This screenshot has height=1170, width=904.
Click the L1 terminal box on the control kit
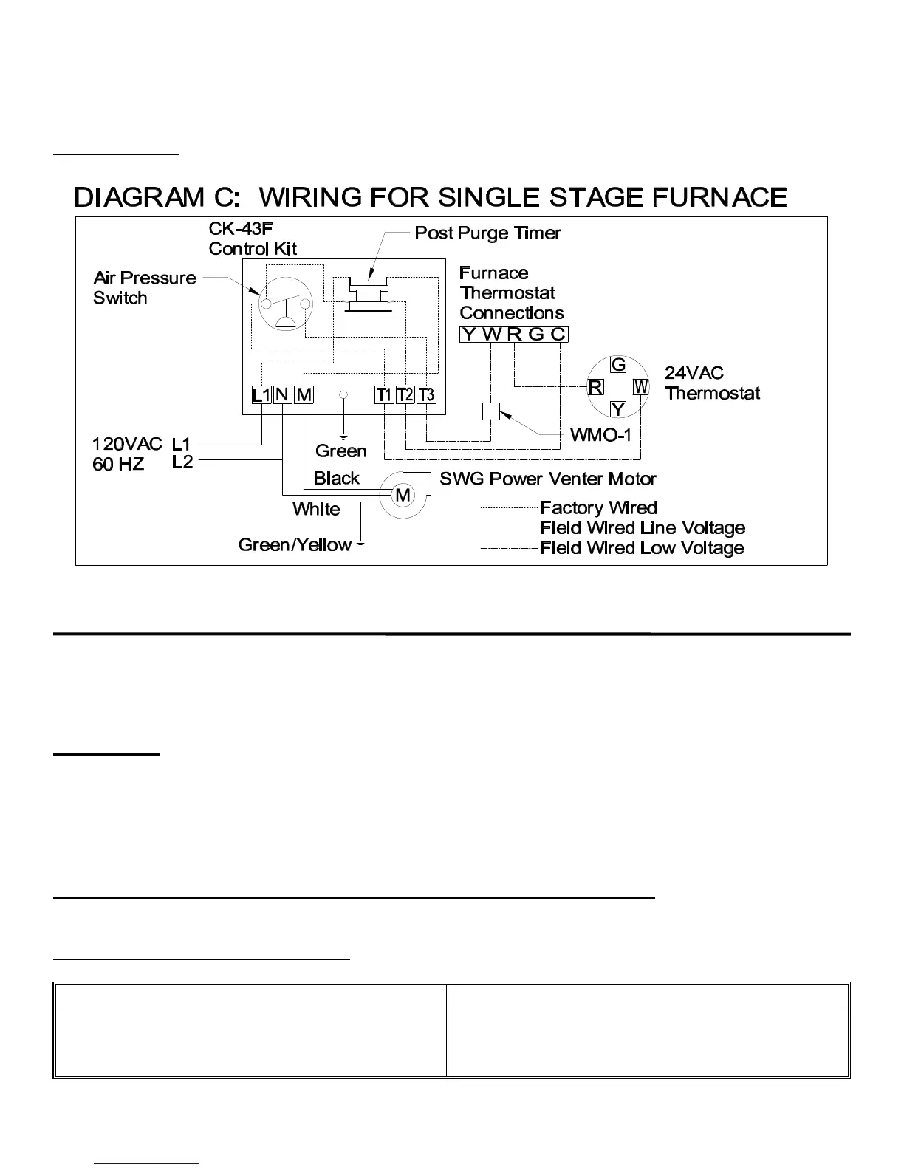tap(261, 395)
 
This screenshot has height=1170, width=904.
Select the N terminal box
tap(282, 395)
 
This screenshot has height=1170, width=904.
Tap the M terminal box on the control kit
tap(304, 395)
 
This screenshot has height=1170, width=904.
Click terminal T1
tap(384, 395)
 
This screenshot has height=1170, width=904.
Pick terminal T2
tap(405, 395)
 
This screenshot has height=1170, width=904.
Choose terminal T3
tap(426, 395)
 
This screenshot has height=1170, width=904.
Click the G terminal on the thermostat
tap(618, 364)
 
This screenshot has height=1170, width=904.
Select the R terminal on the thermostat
tap(595, 386)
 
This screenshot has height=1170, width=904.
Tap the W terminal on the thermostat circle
tap(641, 386)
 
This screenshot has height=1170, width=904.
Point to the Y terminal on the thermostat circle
tap(618, 408)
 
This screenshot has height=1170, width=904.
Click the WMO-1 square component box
tap(491, 411)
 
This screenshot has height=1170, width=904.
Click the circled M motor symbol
tap(403, 496)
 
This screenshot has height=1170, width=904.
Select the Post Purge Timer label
tap(487, 233)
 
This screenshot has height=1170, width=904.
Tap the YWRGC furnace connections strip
tap(514, 334)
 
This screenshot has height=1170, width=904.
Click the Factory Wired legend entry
tap(598, 508)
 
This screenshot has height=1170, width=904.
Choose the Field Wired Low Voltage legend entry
tap(642, 548)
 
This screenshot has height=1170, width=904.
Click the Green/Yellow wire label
tap(294, 545)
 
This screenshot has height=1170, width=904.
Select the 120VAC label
tap(127, 444)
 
